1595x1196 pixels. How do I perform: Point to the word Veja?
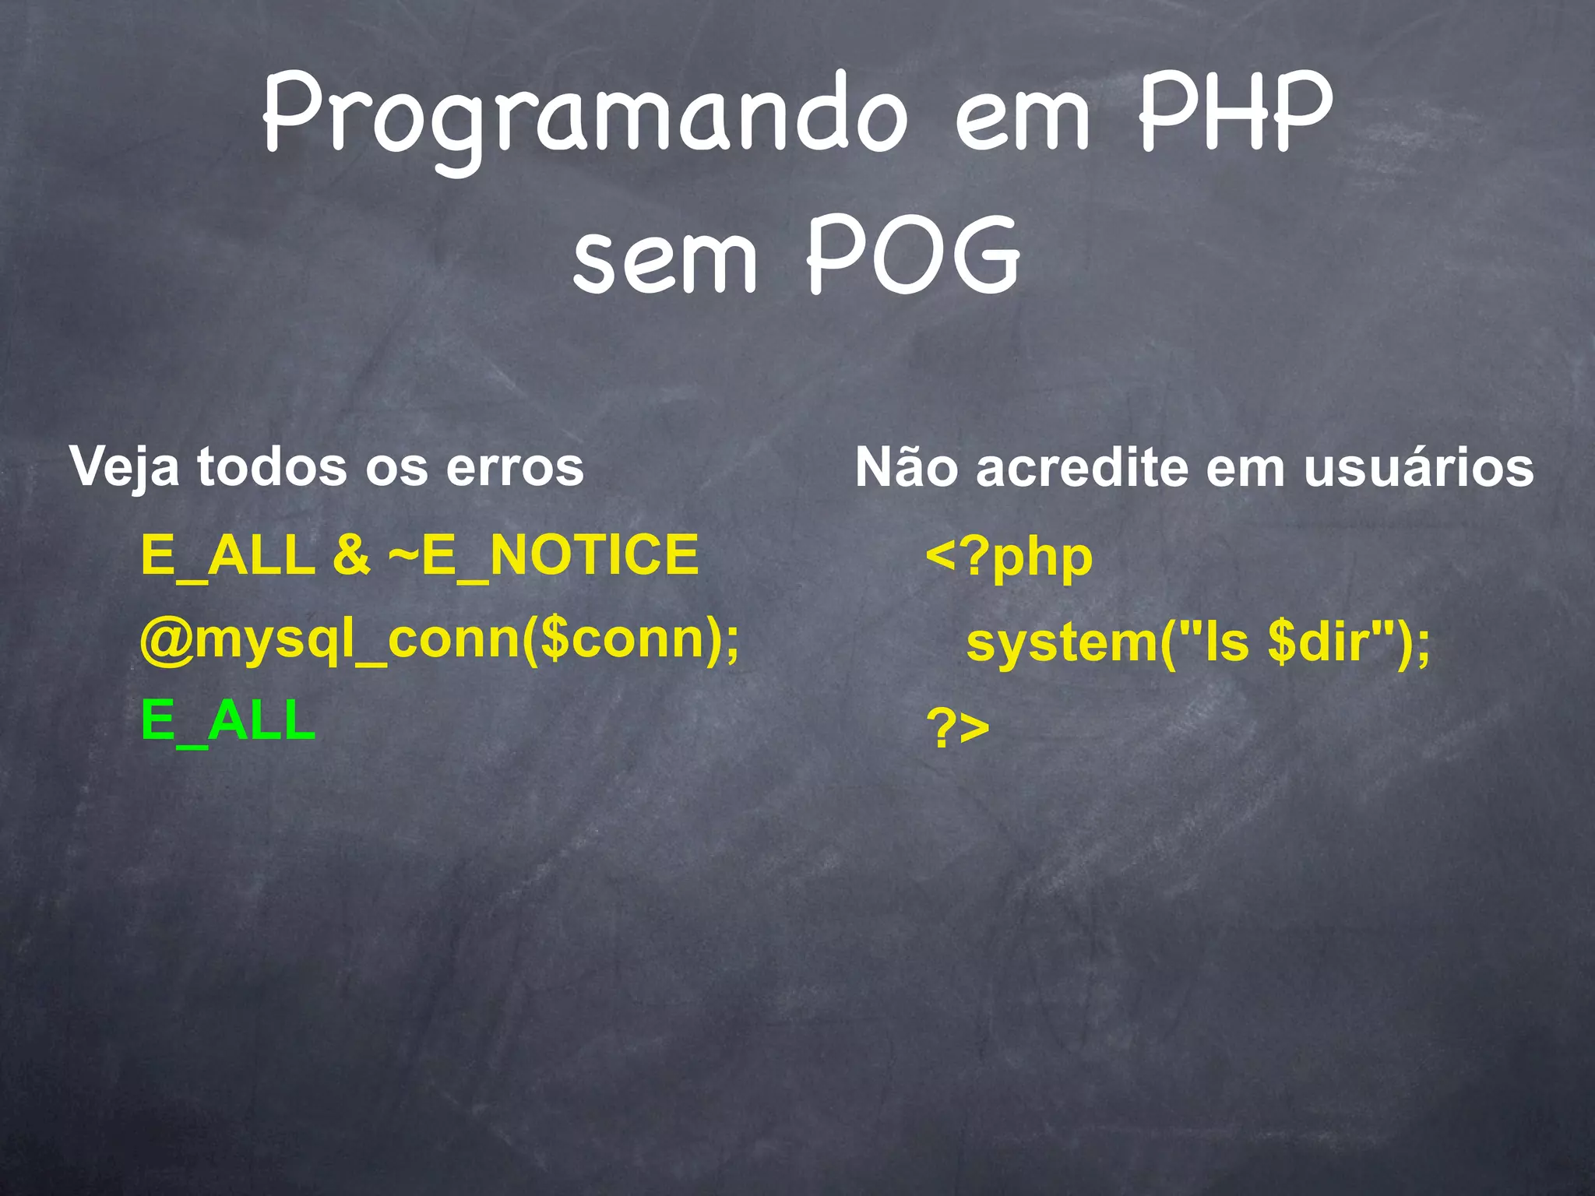click(124, 468)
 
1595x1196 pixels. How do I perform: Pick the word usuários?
click(1418, 468)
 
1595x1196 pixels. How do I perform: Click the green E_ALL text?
click(228, 721)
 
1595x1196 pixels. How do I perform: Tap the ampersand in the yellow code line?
click(351, 554)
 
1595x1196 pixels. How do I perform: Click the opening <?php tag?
click(1009, 558)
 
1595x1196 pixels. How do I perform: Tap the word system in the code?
click(1062, 643)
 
